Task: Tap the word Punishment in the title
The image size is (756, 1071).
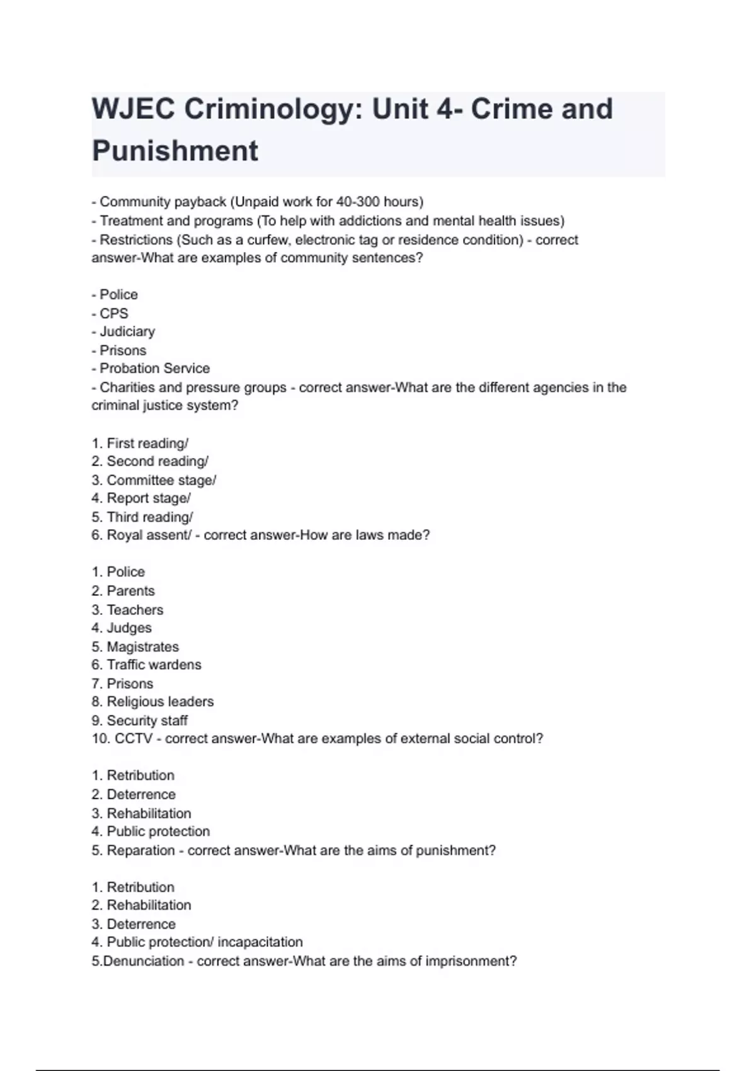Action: [175, 151]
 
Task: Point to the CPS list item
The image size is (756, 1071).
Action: [113, 313]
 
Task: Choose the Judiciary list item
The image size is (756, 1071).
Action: [127, 331]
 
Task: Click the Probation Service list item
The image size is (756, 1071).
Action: [154, 369]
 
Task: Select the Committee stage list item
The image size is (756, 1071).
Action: [161, 480]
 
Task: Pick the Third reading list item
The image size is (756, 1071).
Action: [149, 517]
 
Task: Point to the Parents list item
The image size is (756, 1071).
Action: [130, 591]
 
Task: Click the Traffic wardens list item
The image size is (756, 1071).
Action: [154, 665]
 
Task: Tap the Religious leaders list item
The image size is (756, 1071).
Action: [160, 702]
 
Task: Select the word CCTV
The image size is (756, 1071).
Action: [134, 738]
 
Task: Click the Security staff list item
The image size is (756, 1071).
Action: [147, 721]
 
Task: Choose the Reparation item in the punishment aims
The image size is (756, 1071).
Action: [140, 850]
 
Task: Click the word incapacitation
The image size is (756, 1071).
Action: [260, 942]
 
